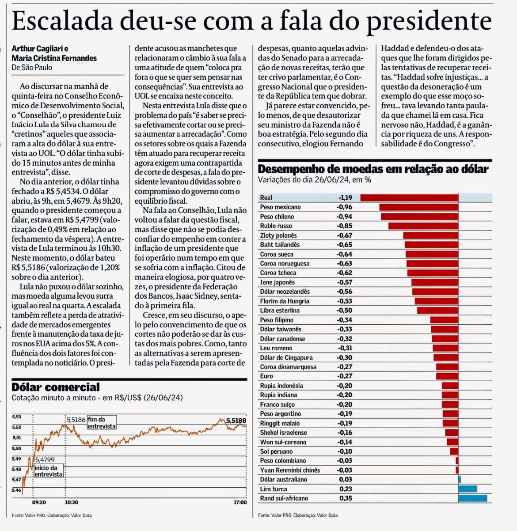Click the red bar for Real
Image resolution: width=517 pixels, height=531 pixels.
(409, 198)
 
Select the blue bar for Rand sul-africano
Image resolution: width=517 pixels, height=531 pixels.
(473, 498)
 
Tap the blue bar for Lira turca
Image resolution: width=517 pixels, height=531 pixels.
(468, 489)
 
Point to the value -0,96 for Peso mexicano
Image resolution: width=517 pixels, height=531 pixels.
(344, 207)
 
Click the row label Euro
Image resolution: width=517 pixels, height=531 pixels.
(266, 376)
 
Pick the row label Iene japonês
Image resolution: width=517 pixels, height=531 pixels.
(278, 282)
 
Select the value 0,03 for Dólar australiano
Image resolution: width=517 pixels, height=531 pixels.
(346, 479)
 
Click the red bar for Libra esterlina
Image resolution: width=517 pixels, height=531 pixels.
(438, 311)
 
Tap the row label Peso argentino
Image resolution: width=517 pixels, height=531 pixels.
(281, 413)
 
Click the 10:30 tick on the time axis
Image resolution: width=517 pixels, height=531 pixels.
(72, 502)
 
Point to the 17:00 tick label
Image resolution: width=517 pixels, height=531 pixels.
(240, 502)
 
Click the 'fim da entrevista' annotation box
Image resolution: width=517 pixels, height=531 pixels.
(102, 423)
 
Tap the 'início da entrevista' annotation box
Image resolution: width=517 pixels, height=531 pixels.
(49, 471)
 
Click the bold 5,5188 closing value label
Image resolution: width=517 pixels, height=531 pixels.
(236, 421)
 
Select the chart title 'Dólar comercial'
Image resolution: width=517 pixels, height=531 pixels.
(56, 387)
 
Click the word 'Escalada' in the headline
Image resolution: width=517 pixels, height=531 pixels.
(62, 21)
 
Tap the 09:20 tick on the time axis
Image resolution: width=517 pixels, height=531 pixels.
(39, 502)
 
